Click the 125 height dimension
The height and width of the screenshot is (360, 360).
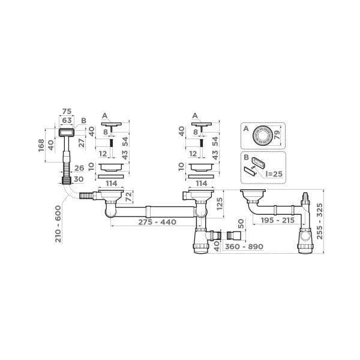pyautogui.click(x=221, y=206)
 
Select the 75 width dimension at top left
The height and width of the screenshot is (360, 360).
pyautogui.click(x=67, y=112)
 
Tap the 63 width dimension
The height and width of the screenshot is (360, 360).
pyautogui.click(x=67, y=120)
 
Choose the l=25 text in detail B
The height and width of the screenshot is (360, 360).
pyautogui.click(x=271, y=174)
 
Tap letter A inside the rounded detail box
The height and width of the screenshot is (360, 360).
pyautogui.click(x=245, y=128)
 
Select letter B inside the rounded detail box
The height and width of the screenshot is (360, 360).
pyautogui.click(x=245, y=157)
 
